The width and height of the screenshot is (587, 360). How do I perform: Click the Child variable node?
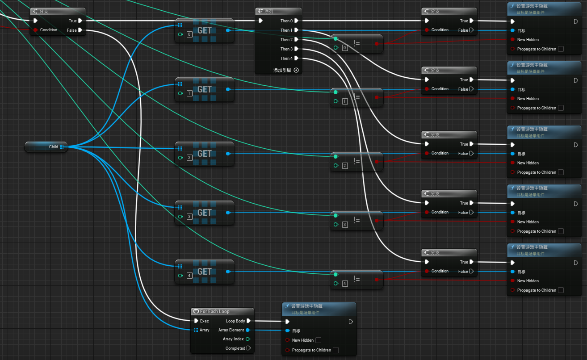coord(46,147)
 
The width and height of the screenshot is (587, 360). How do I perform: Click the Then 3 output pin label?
coord(286,49)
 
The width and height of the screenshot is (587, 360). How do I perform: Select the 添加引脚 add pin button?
coord(286,70)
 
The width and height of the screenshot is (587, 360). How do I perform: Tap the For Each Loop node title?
coord(214,311)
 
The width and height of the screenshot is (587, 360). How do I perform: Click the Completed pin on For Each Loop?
coord(248,348)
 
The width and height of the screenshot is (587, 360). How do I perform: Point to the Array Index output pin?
coord(248,339)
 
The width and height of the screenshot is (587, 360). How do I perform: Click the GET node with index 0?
coord(205,30)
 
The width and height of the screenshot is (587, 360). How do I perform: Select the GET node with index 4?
coord(205,272)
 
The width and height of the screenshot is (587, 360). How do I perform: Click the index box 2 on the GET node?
coord(189,158)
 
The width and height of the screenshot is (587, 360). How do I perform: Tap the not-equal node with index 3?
coord(356,220)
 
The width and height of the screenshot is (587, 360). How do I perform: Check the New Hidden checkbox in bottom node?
coord(319,340)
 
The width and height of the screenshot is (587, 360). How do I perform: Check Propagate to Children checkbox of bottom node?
coord(335,350)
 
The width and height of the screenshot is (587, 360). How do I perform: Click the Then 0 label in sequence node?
coord(286,21)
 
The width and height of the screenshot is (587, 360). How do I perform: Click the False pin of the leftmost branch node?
coord(80,30)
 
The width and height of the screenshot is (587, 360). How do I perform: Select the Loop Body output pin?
coord(248,321)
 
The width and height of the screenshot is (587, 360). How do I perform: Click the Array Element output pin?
coord(247,330)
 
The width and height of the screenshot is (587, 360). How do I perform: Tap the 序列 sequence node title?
coord(268,11)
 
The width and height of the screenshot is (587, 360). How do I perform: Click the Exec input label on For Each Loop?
coord(205,321)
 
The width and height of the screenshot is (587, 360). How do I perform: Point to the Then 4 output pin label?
coord(286,59)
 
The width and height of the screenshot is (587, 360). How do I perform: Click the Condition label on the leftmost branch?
coord(49,30)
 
